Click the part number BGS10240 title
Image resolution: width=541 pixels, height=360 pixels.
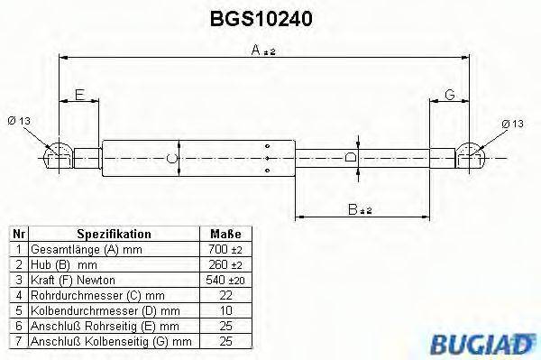point(261,17)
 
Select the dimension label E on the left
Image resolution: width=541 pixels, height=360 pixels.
point(79,95)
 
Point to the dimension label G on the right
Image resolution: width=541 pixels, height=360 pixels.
point(448,95)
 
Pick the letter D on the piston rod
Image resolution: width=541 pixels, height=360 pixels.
point(352,158)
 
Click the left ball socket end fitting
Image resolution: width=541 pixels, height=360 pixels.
point(58,154)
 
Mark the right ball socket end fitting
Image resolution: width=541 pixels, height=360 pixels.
point(472,154)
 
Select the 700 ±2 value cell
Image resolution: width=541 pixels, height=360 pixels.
point(226,249)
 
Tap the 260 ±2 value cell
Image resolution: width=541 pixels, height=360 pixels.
point(226,265)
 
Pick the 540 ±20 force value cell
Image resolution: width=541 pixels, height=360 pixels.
point(226,281)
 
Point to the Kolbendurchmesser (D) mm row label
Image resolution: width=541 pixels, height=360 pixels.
point(87,310)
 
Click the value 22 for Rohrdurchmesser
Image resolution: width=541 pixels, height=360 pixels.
point(226,295)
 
